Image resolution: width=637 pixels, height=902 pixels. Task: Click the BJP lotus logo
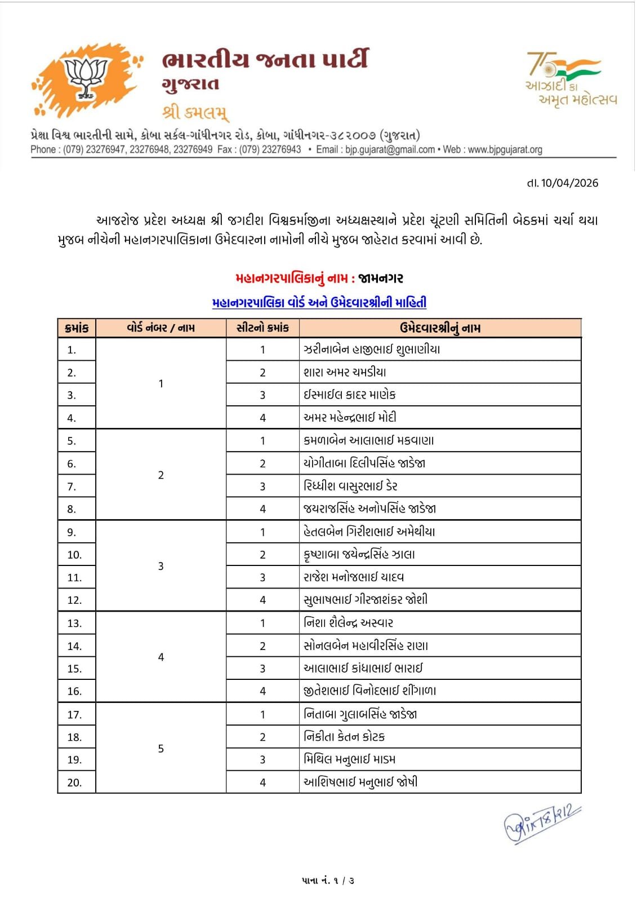86,79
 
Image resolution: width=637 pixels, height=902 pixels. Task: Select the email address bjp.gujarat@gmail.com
390,150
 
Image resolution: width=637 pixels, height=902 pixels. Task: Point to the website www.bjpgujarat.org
505,150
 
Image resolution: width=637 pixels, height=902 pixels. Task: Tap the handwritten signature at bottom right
541,824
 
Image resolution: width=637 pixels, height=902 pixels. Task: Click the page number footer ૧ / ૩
328,880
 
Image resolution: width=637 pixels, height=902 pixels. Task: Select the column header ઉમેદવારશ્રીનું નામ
440,328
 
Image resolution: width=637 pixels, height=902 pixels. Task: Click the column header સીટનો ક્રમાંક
262,328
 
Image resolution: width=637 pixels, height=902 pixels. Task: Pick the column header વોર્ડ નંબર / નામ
161,328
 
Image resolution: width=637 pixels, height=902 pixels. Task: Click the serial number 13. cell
74,624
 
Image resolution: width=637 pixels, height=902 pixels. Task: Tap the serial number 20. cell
74,782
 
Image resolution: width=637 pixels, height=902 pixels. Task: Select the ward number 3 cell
161,566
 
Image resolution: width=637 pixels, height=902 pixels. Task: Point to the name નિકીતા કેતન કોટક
344,736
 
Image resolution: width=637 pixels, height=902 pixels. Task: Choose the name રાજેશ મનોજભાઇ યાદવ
354,577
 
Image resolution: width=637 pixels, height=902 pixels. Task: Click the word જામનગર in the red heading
381,278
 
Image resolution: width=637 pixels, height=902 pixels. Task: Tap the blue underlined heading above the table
319,303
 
